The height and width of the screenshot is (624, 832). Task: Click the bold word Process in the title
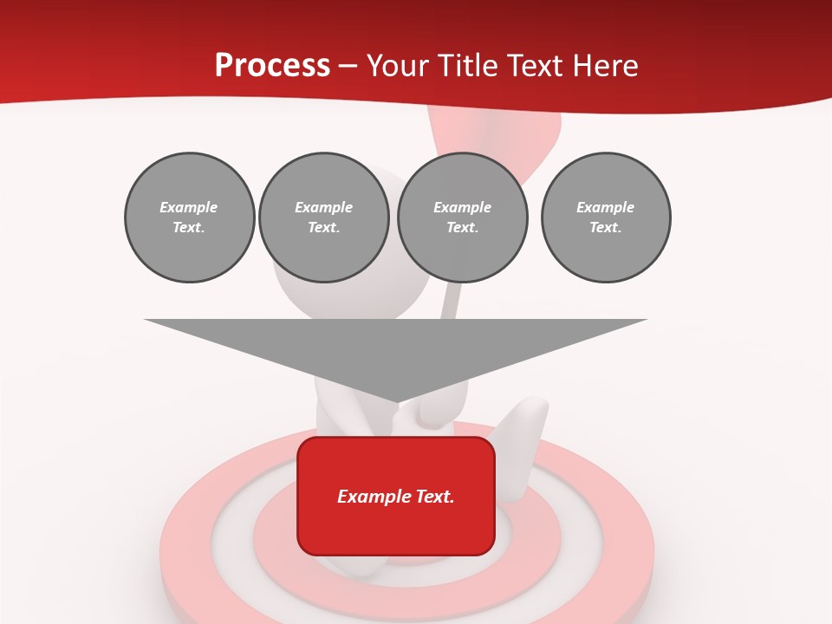pos(272,66)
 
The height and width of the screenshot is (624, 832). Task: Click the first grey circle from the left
pos(189,218)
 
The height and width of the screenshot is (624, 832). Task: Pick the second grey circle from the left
pos(323,218)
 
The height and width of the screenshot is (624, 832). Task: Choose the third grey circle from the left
pos(462,218)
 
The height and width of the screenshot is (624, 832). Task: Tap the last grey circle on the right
pos(605,218)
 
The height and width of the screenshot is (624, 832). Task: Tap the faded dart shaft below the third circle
pos(449,300)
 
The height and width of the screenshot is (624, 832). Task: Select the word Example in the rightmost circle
pos(605,207)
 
